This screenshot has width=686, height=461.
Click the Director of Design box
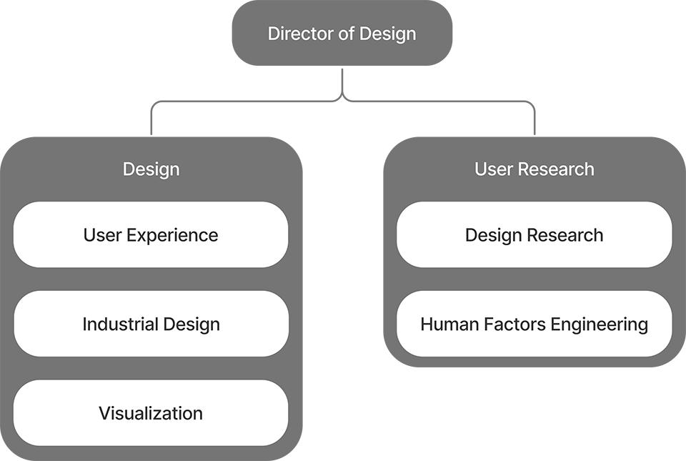tap(342, 34)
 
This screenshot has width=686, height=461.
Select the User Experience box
tap(151, 234)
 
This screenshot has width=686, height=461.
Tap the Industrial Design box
tap(151, 324)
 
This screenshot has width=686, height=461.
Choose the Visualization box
tap(151, 413)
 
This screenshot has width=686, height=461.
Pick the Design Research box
tap(534, 234)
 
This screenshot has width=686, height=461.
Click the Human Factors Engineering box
tap(534, 324)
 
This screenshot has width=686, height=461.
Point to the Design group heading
tap(151, 169)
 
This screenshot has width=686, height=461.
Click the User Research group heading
tap(534, 169)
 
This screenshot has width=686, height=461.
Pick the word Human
tap(444, 324)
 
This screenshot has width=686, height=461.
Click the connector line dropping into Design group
tap(151, 122)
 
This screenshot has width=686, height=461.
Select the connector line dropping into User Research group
tap(535, 122)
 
